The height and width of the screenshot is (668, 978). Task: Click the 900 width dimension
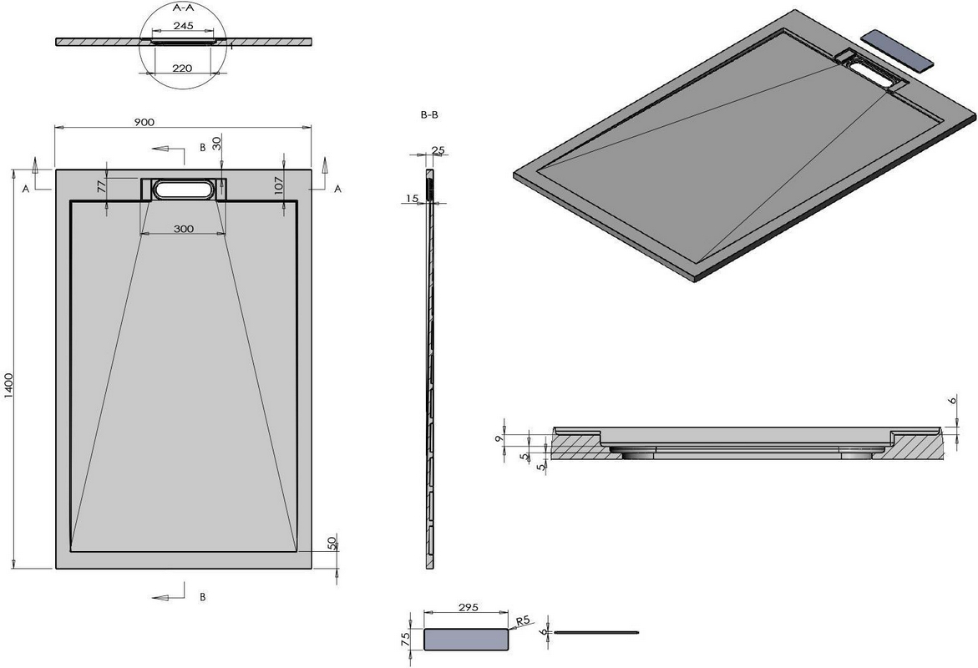tap(144, 122)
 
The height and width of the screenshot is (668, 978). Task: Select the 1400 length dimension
tap(8, 388)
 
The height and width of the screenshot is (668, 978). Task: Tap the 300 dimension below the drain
tap(184, 229)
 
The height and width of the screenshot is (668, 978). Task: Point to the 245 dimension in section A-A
tap(184, 26)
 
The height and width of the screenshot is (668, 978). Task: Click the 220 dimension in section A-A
tap(181, 68)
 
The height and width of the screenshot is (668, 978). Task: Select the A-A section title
tap(182, 8)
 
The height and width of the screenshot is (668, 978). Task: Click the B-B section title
tap(429, 114)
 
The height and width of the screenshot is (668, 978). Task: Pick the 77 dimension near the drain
tap(100, 185)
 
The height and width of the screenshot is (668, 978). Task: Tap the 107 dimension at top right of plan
tap(279, 185)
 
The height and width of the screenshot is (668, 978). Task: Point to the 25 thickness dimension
tap(438, 149)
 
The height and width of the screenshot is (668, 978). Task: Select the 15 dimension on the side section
tap(412, 199)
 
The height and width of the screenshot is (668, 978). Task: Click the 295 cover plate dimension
tap(468, 607)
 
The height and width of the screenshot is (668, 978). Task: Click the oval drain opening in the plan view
tap(184, 190)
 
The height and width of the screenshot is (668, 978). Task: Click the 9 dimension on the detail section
tap(498, 439)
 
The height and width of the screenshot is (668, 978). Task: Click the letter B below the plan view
tap(203, 597)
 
